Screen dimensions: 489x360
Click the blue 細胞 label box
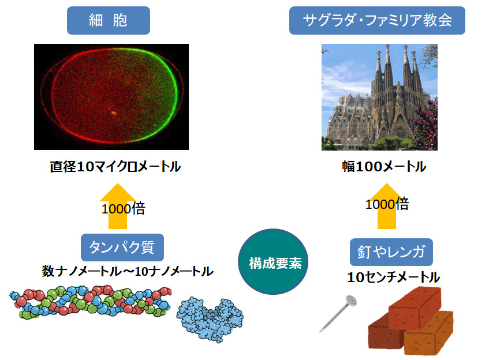pyautogui.click(x=108, y=21)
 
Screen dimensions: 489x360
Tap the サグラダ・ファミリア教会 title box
pyautogui.click(x=377, y=21)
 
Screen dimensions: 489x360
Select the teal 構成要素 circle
pyautogui.click(x=273, y=261)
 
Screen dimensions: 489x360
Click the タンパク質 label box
pyautogui.click(x=122, y=247)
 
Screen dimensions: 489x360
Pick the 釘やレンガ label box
pyautogui.click(x=391, y=252)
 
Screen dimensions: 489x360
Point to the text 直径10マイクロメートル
pyautogui.click(x=115, y=166)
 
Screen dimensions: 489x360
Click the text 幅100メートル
pyautogui.click(x=384, y=166)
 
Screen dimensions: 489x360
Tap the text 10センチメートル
pyautogui.click(x=394, y=277)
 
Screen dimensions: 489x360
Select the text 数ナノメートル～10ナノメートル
pyautogui.click(x=128, y=271)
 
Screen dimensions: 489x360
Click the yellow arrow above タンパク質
pyautogui.click(x=118, y=206)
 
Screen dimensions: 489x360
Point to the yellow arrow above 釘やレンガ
pyautogui.click(x=387, y=206)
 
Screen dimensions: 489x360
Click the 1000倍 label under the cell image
pyautogui.click(x=123, y=208)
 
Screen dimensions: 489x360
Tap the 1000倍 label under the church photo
pyautogui.click(x=387, y=204)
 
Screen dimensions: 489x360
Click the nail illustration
pyautogui.click(x=338, y=314)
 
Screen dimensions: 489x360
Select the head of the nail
pyautogui.click(x=351, y=301)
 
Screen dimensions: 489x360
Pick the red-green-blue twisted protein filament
pyautogui.click(x=91, y=301)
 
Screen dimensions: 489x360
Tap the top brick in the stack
pyautogui.click(x=415, y=307)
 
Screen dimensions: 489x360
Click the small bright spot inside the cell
pyautogui.click(x=114, y=112)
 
